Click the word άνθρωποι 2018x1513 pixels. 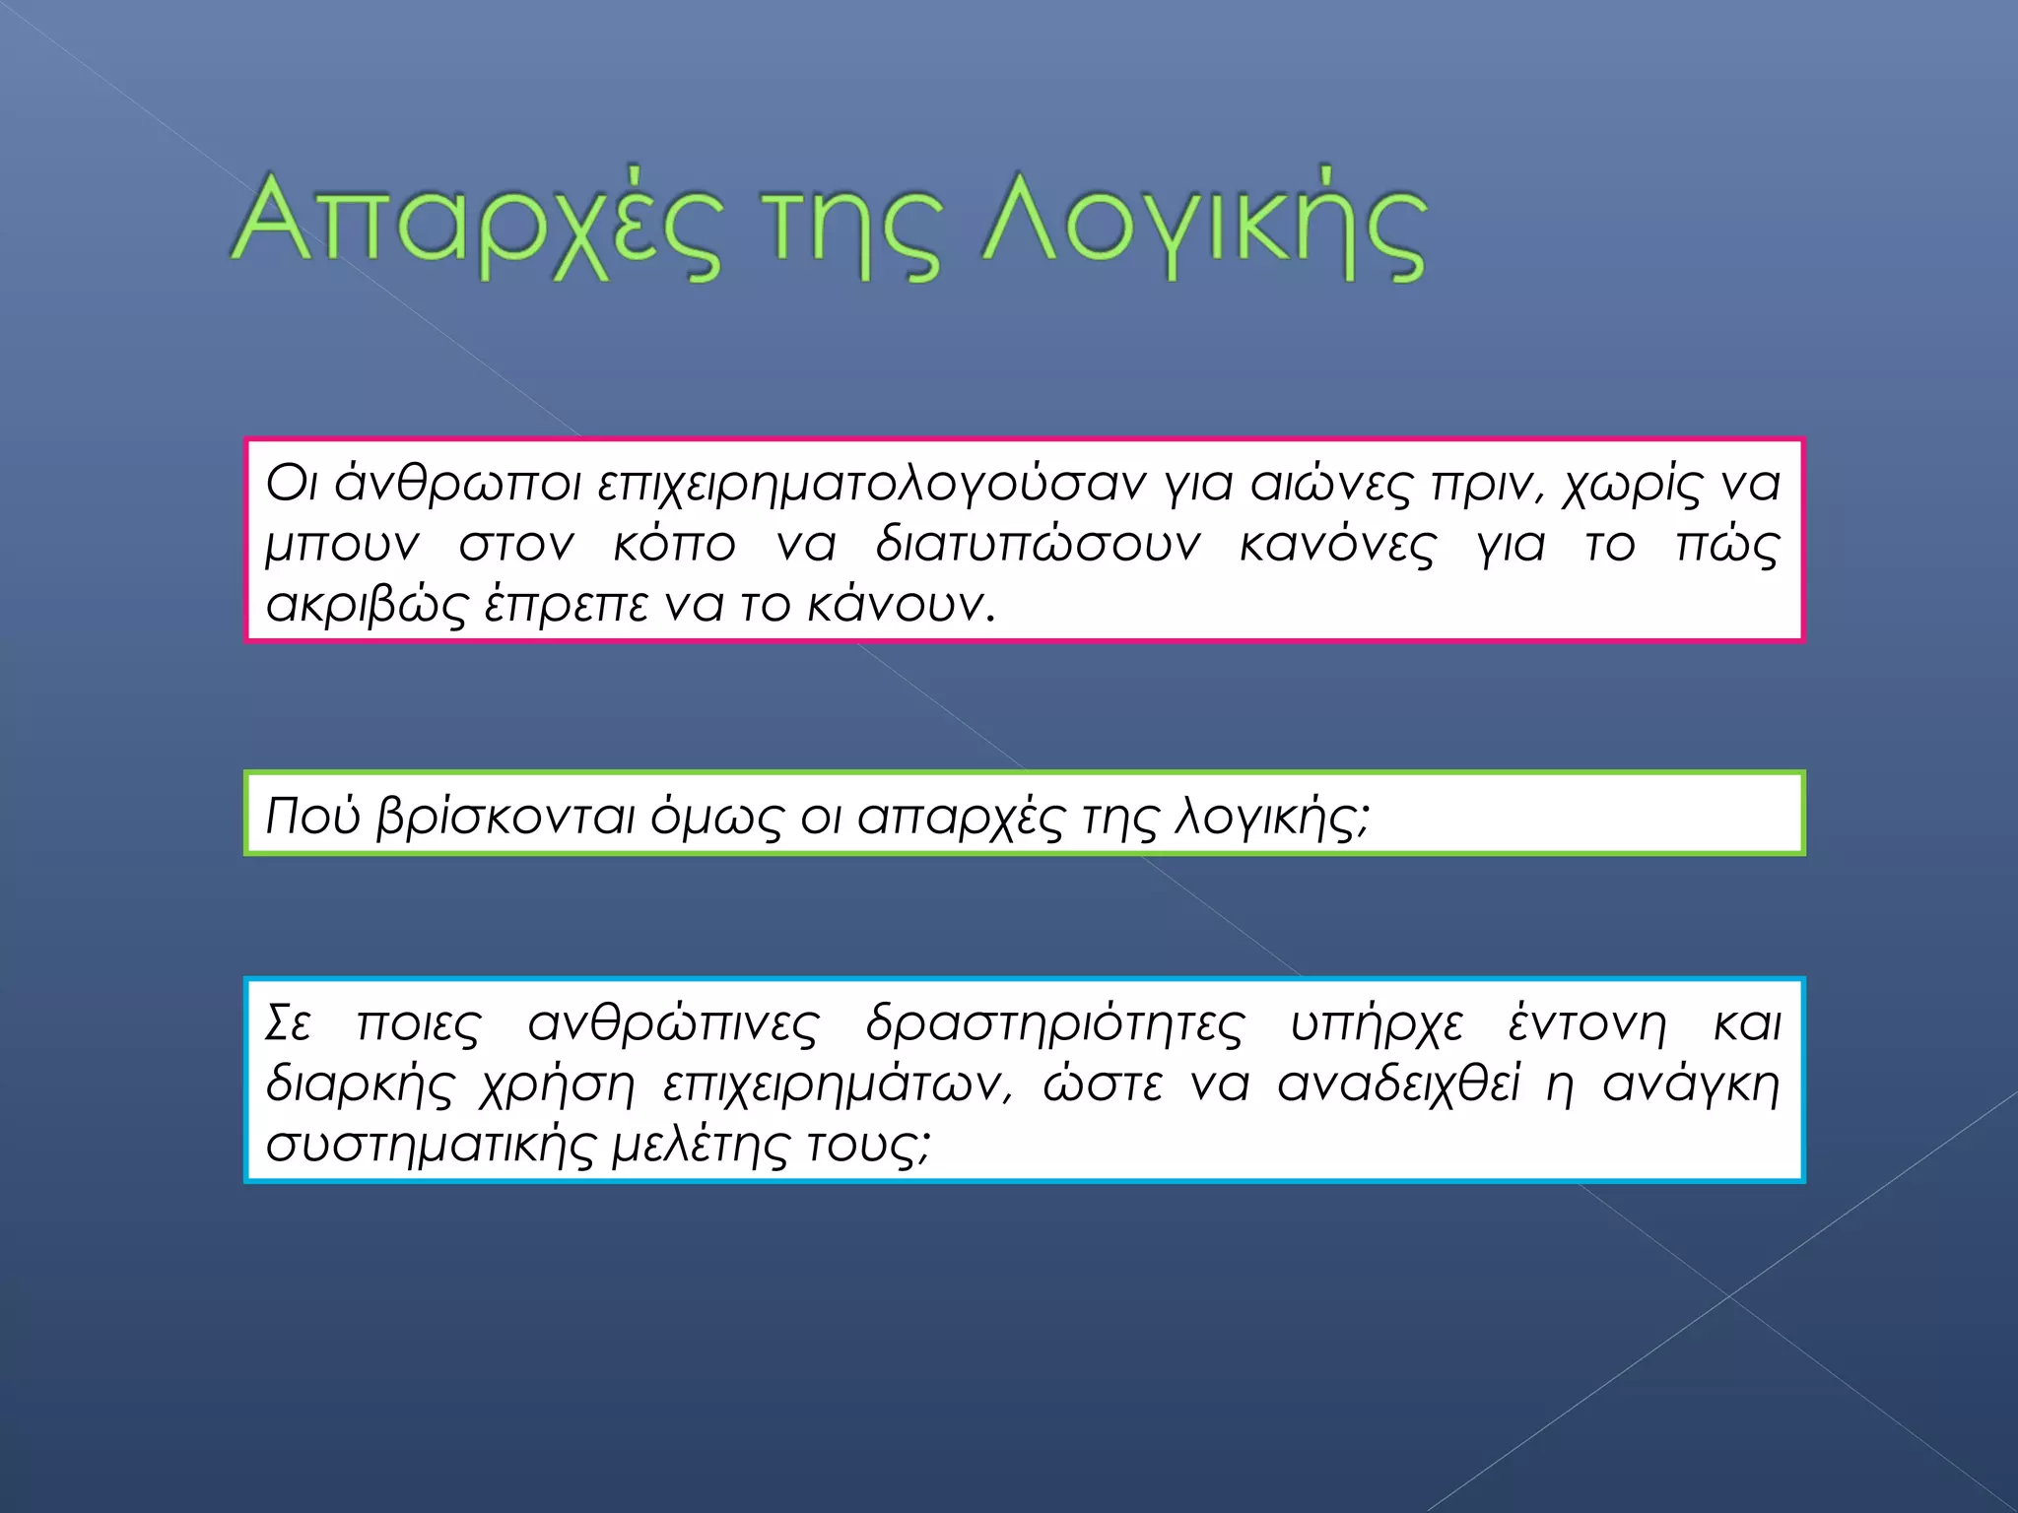coord(457,485)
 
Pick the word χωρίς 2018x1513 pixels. coord(1631,485)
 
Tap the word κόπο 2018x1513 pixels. coord(674,545)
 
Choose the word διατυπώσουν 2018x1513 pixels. coord(1038,545)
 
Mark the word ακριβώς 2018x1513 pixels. coord(366,605)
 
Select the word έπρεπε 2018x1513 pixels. coord(567,605)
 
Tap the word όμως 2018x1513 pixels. coord(716,817)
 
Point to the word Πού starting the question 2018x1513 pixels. coord(313,817)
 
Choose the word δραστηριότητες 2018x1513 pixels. coord(1054,1024)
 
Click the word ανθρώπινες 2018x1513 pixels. coord(673,1024)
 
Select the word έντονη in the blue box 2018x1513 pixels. coord(1587,1024)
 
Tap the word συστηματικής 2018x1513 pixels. coord(430,1146)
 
